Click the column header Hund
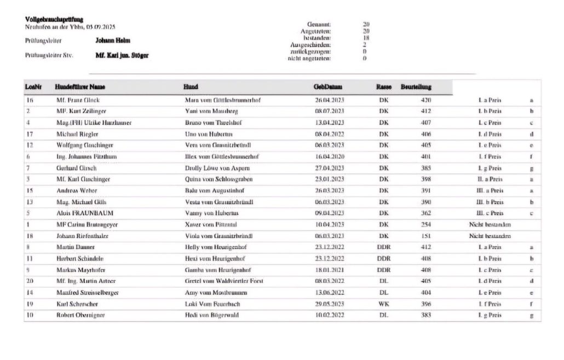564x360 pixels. click(191, 87)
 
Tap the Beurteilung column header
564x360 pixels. click(416, 87)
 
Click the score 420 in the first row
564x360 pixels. click(426, 100)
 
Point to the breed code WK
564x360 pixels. click(384, 304)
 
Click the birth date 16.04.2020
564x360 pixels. click(330, 156)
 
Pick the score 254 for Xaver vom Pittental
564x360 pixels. click(426, 225)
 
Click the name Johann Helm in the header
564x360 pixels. click(113, 40)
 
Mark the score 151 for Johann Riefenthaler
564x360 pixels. click(426, 236)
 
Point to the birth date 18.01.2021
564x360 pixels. click(330, 270)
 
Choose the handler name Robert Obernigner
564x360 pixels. click(80, 315)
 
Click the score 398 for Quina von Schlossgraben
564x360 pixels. click(426, 179)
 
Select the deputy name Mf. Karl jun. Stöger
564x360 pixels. click(122, 55)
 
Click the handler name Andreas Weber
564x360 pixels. click(73, 191)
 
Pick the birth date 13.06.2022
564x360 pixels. click(330, 293)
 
